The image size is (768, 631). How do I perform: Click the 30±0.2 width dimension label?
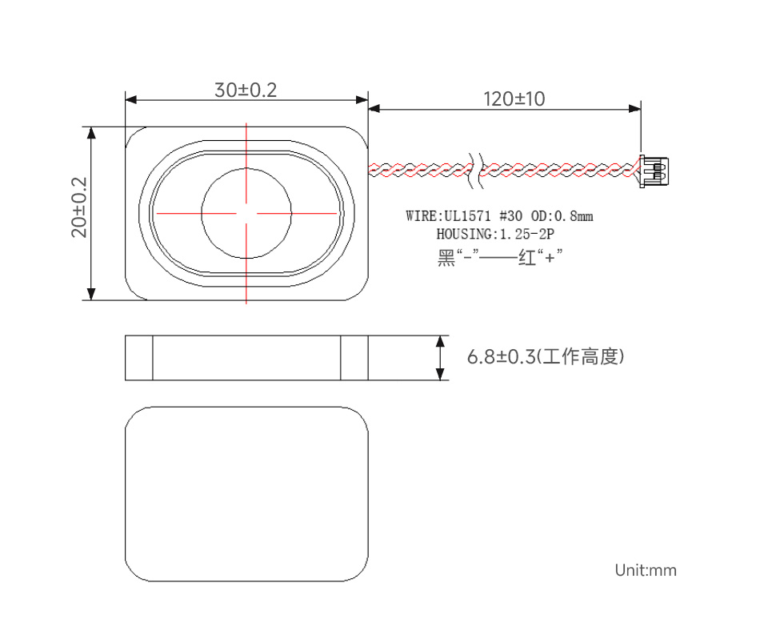click(245, 90)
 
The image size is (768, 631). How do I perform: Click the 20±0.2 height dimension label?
click(79, 207)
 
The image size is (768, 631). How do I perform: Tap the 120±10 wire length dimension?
click(514, 99)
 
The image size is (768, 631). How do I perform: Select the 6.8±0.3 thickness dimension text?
click(501, 357)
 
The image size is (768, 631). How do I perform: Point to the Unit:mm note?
click(645, 570)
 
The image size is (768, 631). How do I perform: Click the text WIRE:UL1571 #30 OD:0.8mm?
click(499, 216)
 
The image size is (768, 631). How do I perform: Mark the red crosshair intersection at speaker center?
click(246, 214)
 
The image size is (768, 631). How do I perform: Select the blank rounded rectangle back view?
click(246, 494)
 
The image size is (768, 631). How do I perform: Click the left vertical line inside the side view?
click(153, 358)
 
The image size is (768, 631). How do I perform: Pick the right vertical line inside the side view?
click(342, 358)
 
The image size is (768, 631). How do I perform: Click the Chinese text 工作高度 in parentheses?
click(581, 357)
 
